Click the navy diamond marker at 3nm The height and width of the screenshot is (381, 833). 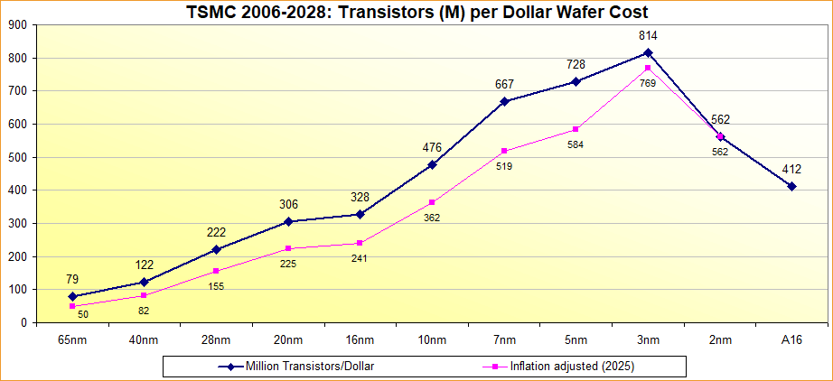(648, 52)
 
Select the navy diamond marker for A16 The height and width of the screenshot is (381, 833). (791, 186)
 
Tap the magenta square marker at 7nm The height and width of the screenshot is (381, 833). (504, 151)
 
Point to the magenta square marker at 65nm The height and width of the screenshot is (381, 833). (71, 306)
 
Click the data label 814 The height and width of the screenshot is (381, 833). (648, 36)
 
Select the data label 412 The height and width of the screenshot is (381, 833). (791, 169)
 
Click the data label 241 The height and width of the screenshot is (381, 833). (360, 258)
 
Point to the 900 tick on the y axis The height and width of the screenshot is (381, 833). (17, 25)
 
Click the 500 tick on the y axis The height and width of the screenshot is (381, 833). (17, 157)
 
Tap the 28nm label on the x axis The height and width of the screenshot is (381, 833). (215, 339)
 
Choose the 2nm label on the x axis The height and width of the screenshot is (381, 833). (720, 339)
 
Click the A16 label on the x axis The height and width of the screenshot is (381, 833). (791, 339)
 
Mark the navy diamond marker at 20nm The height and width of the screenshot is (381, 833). (287, 221)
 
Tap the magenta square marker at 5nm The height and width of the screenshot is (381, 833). (576, 129)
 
